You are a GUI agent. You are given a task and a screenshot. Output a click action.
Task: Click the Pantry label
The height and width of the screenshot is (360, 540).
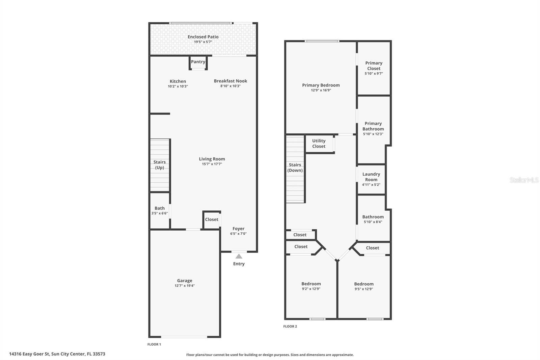click(198, 62)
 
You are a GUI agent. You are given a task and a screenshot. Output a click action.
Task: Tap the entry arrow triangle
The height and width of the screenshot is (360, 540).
click(239, 256)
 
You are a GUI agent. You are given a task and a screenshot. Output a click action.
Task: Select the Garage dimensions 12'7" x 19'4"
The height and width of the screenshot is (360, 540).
click(185, 286)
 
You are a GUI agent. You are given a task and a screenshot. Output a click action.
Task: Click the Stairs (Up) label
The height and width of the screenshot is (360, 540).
click(160, 165)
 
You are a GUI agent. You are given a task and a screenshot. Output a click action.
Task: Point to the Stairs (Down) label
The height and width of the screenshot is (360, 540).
click(295, 168)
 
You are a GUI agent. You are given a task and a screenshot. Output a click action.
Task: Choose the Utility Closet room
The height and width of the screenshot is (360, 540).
click(319, 144)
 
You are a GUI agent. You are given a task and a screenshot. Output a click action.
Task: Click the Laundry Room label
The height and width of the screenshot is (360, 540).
click(371, 177)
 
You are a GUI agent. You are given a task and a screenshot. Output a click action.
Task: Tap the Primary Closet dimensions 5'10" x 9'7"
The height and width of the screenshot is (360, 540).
click(374, 74)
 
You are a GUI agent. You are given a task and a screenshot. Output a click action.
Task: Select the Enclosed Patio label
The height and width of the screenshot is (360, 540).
click(203, 37)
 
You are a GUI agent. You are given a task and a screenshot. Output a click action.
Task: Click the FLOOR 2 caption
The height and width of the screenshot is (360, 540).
click(290, 326)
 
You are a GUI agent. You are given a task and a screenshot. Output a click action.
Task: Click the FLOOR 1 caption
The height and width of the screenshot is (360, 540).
click(154, 344)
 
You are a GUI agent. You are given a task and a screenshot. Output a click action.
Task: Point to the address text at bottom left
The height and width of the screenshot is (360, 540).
click(57, 354)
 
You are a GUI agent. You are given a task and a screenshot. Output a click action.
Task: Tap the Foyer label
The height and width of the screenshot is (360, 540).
click(238, 229)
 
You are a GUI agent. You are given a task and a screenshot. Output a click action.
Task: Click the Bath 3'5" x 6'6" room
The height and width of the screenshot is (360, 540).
click(160, 210)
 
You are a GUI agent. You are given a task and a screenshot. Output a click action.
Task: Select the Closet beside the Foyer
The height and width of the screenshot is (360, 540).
click(212, 220)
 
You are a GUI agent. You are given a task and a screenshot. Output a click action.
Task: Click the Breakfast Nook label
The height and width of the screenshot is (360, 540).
click(231, 81)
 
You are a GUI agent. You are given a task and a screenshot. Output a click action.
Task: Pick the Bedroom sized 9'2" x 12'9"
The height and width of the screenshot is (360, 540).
click(311, 286)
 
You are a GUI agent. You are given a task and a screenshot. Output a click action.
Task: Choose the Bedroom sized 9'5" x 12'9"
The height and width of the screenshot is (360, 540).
click(364, 286)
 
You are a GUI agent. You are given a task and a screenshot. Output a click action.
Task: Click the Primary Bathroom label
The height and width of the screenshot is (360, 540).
click(373, 126)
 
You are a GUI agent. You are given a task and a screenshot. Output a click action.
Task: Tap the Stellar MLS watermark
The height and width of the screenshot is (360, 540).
click(524, 180)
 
